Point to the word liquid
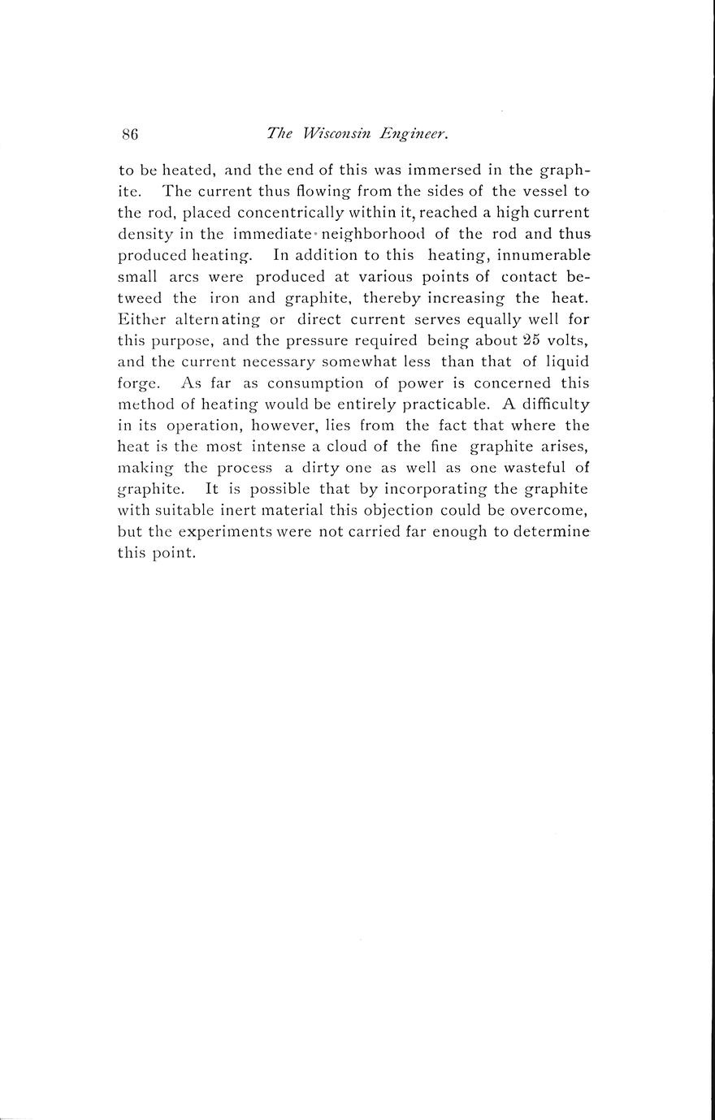click(566, 361)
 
